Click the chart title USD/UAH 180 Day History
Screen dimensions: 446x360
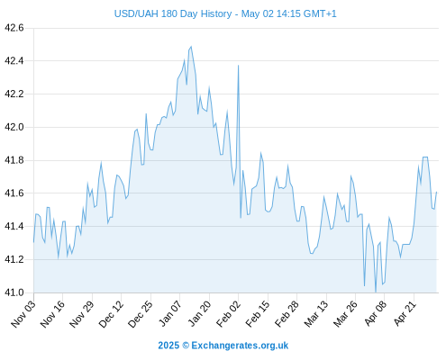173,14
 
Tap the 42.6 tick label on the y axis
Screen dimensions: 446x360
14,28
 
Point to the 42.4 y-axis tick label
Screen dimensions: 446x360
14,61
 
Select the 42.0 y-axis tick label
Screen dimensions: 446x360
14,127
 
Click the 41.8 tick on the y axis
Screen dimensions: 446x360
14,160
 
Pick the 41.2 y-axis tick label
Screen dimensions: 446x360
14,259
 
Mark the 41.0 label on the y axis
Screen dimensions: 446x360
14,292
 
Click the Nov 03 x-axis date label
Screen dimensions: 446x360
23,313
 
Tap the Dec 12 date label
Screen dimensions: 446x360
111,313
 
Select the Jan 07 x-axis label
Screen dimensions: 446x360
169,313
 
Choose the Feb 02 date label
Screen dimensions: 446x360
228,313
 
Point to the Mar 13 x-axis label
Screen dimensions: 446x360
316,313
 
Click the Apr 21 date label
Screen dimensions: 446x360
405,313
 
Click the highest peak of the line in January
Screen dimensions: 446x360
191,47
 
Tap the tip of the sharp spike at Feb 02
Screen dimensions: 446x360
238,65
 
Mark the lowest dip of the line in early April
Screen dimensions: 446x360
376,292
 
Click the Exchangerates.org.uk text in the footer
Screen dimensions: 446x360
240,346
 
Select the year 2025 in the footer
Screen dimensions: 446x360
168,346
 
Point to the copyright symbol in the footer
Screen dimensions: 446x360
186,346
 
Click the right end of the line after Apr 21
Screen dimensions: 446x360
436,192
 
